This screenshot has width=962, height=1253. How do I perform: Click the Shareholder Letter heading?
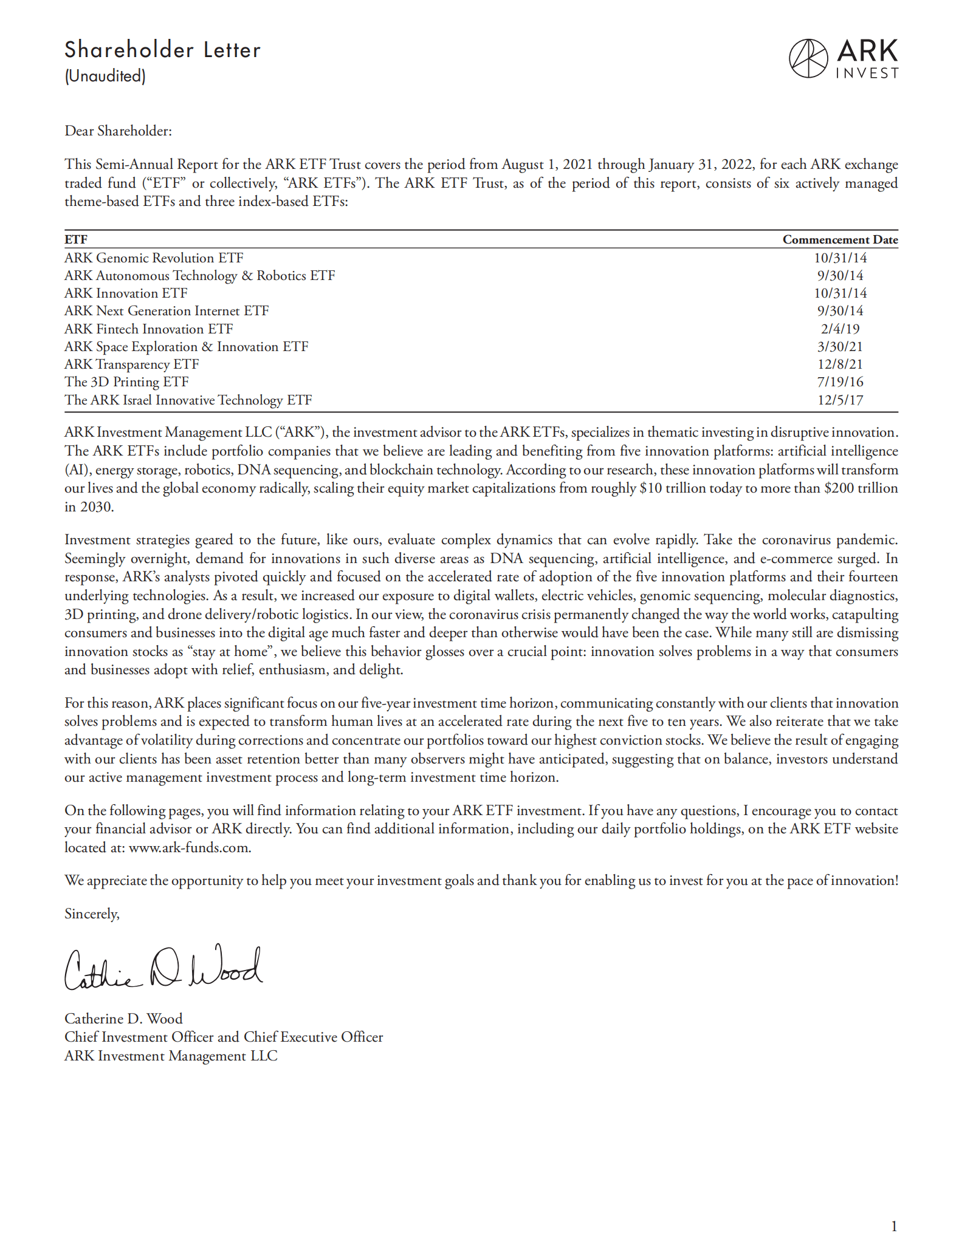point(162,50)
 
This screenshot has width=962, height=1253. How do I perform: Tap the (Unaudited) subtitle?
point(105,76)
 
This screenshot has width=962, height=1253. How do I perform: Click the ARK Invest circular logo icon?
point(808,58)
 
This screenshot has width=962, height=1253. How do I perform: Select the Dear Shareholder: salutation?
point(118,131)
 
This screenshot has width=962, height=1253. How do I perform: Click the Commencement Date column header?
point(840,239)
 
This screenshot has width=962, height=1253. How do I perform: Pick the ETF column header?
point(76,239)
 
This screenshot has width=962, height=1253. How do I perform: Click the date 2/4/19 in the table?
point(840,329)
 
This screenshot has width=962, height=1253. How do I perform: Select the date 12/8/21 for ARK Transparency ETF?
point(840,364)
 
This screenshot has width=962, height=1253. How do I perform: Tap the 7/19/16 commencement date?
point(840,382)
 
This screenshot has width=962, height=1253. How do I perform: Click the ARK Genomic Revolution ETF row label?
point(154,258)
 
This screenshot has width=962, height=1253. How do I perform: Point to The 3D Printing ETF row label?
point(126,382)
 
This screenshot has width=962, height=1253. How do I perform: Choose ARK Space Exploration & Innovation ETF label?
point(186,347)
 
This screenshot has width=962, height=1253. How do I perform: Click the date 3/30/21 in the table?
point(840,347)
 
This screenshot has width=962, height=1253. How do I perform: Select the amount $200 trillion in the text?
point(861,488)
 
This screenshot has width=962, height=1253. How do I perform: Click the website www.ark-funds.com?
point(189,848)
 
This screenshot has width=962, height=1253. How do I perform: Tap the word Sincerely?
point(92,914)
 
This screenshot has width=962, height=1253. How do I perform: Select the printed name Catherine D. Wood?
point(123,1019)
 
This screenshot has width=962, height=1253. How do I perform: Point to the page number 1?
point(893,1226)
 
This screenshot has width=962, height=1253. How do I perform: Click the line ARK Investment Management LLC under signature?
point(171,1056)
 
